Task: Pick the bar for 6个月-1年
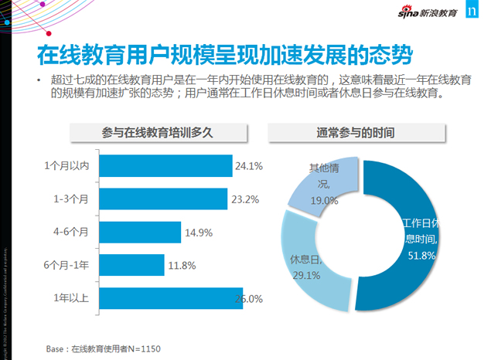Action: tap(132, 265)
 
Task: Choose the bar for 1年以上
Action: tap(171, 298)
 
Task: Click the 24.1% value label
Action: tap(249, 166)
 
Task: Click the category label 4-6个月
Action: tap(72, 232)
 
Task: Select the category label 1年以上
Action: tap(72, 298)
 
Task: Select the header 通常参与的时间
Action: tap(356, 132)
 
